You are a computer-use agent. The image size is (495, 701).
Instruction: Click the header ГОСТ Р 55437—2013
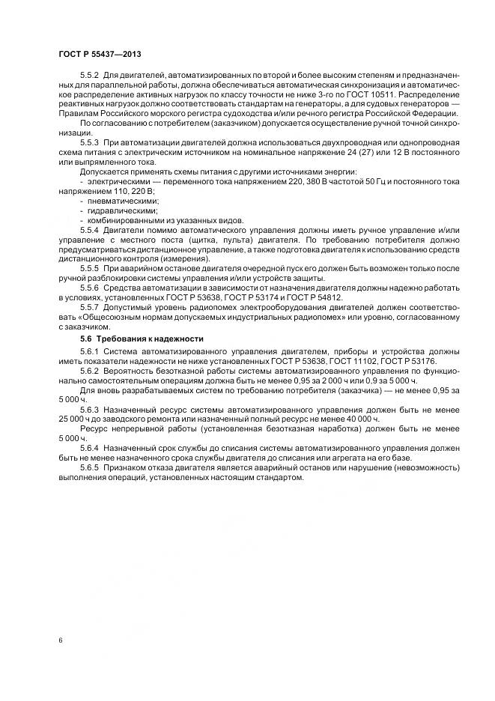point(99,55)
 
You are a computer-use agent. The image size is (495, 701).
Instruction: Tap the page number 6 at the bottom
point(59,640)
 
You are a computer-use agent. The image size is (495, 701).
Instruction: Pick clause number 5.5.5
point(90,267)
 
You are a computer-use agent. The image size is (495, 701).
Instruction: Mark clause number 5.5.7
point(90,307)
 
